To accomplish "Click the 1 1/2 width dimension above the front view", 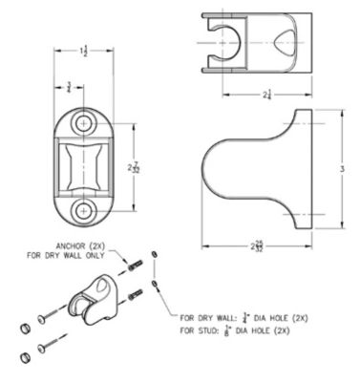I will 85,51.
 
